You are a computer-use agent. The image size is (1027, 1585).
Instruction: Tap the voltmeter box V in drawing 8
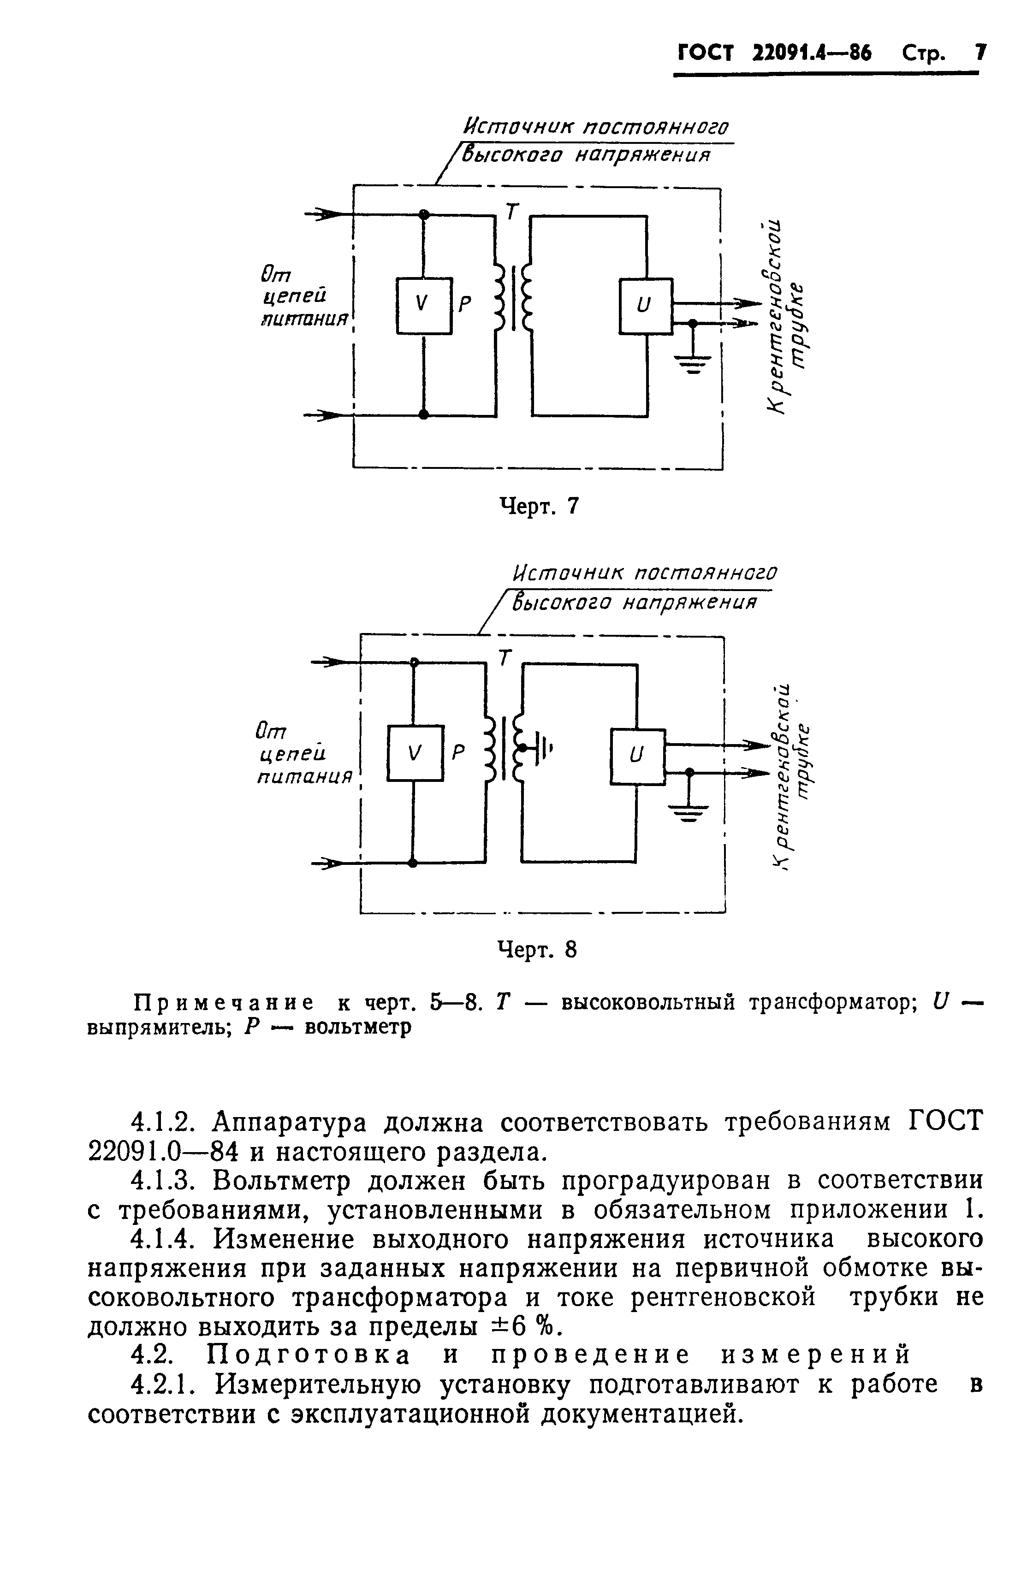[414, 752]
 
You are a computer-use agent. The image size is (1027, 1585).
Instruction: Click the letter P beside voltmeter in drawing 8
[458, 752]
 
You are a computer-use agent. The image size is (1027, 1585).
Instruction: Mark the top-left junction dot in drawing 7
[424, 214]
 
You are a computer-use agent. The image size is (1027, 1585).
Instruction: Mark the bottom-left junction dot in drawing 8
[413, 863]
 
